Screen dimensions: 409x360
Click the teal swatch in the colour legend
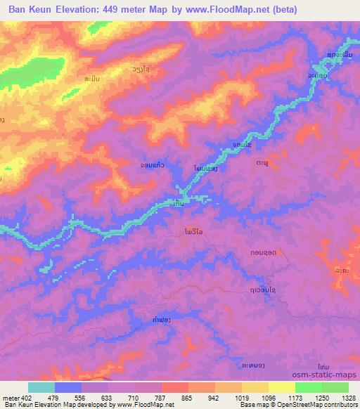[x=41, y=388]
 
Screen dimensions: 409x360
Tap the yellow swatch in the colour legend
[x=282, y=388]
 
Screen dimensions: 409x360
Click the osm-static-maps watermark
[x=330, y=376]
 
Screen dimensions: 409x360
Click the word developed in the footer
[x=94, y=404]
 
